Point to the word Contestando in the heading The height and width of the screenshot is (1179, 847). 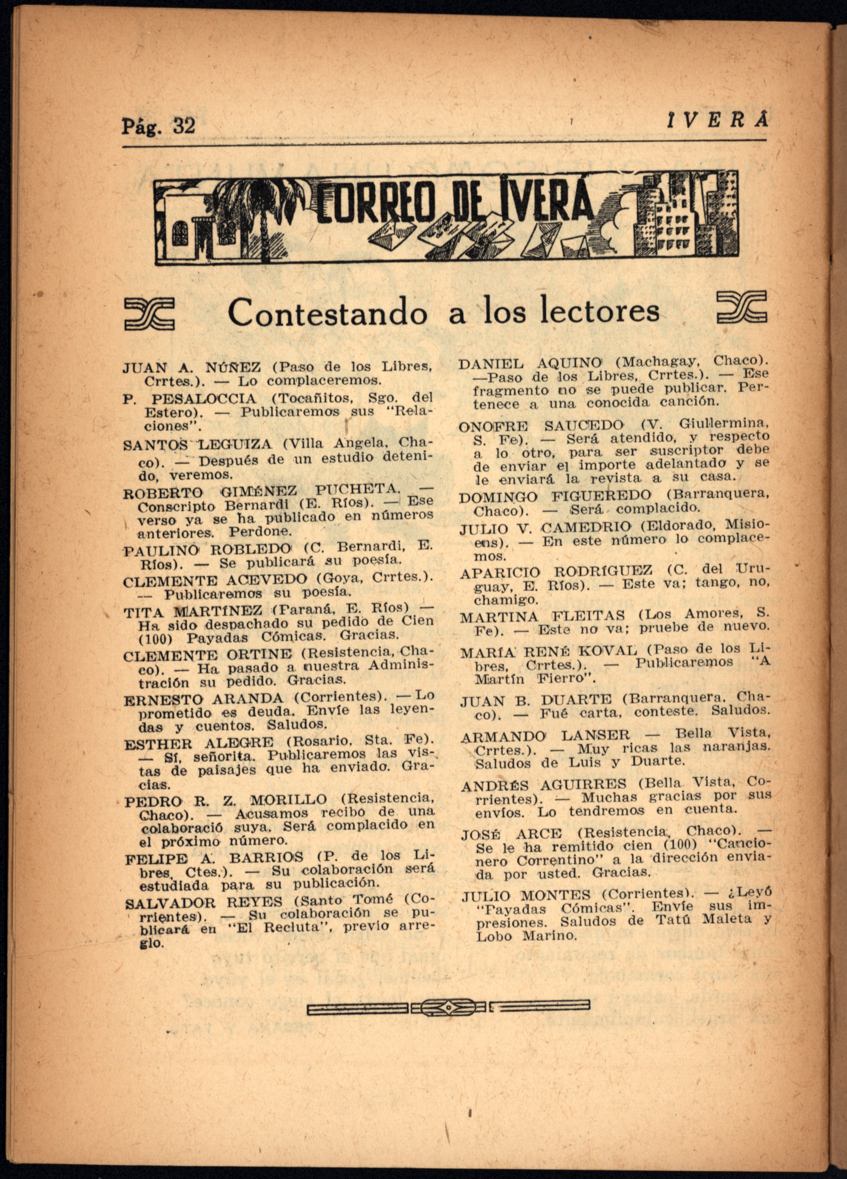pos(327,313)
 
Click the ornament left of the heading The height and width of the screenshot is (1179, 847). pos(150,314)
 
